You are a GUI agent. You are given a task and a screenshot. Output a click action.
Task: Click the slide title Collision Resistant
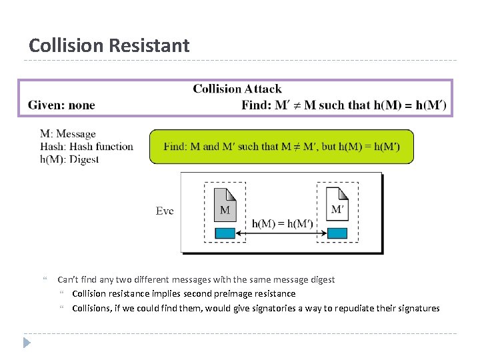(x=109, y=45)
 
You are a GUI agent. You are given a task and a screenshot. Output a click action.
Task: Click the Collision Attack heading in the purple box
(x=237, y=89)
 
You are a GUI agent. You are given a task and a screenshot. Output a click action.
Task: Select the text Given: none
(x=61, y=105)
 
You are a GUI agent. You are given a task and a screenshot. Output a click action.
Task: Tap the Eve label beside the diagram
(x=165, y=211)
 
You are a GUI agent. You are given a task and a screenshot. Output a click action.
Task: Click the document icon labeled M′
(x=337, y=203)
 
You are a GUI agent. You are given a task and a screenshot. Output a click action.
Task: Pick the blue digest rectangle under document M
(x=225, y=233)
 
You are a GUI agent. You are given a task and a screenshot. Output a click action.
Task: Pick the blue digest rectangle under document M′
(x=337, y=233)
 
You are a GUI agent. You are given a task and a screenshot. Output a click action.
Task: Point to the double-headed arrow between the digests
(x=281, y=233)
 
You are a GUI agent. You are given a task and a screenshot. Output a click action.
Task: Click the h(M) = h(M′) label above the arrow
(x=282, y=223)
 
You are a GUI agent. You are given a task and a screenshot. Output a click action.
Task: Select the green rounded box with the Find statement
(x=281, y=147)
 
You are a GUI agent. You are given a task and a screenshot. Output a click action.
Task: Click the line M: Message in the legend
(x=68, y=134)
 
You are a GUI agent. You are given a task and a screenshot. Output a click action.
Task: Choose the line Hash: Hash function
(x=87, y=147)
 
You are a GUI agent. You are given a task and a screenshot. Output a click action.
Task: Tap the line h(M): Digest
(x=69, y=159)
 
